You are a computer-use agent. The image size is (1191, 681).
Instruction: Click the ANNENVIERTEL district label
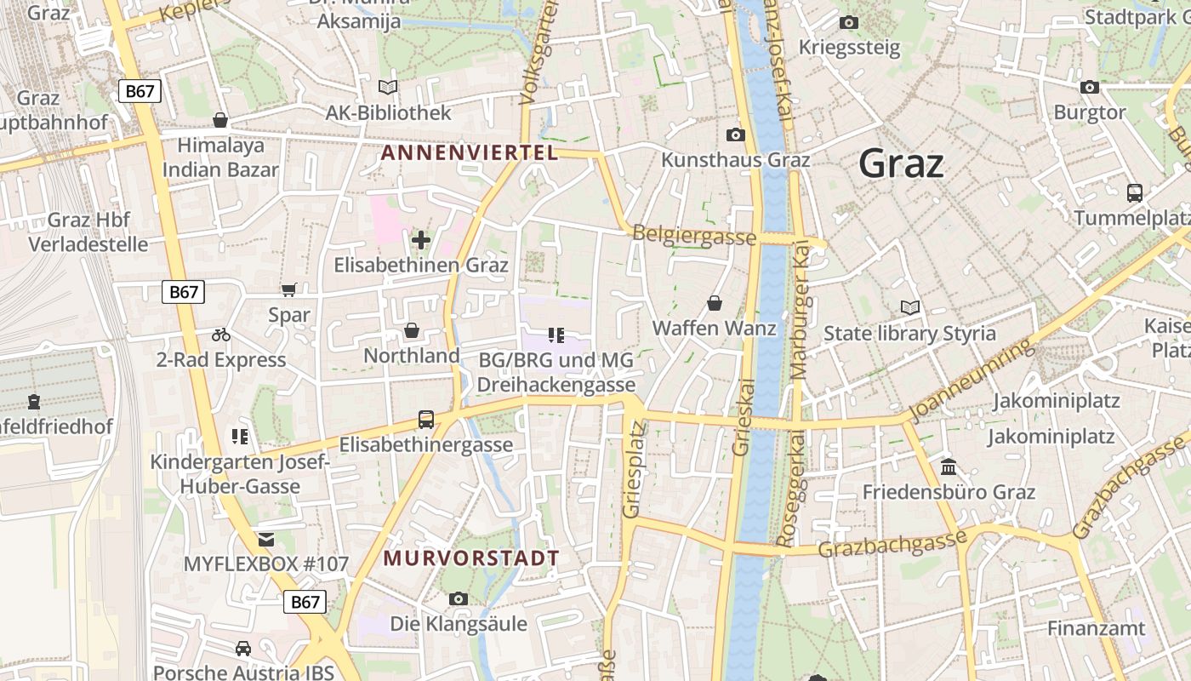[x=470, y=153]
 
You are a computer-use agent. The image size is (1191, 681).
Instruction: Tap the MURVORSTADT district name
[x=471, y=559]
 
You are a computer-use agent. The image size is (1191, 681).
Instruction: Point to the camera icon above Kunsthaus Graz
[x=735, y=134]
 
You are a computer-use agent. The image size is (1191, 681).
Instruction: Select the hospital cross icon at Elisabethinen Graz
[x=420, y=240]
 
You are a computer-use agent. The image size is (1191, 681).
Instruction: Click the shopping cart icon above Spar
[x=289, y=289]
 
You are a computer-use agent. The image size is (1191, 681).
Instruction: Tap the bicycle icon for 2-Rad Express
[x=221, y=335]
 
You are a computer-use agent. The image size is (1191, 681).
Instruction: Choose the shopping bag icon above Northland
[x=412, y=330]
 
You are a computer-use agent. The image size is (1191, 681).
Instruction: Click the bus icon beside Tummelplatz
[x=1134, y=192]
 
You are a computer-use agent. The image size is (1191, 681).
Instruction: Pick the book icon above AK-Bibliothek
[x=388, y=87]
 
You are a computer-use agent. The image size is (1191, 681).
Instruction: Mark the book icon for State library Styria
[x=909, y=307]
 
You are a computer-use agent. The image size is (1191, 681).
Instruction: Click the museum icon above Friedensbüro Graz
[x=949, y=466]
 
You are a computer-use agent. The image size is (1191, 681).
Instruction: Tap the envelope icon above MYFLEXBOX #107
[x=266, y=539]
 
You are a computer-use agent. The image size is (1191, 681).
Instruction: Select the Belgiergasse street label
[x=694, y=236]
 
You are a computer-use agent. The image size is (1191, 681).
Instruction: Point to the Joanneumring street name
[x=973, y=381]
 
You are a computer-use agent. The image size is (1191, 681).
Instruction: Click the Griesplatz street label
[x=631, y=483]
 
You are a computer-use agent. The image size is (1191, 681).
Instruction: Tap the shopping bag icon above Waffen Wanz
[x=715, y=303]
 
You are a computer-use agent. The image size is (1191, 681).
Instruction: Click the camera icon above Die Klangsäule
[x=459, y=599]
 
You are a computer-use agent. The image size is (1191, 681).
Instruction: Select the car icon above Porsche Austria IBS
[x=243, y=649]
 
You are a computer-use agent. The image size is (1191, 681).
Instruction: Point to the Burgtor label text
[x=1090, y=112]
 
